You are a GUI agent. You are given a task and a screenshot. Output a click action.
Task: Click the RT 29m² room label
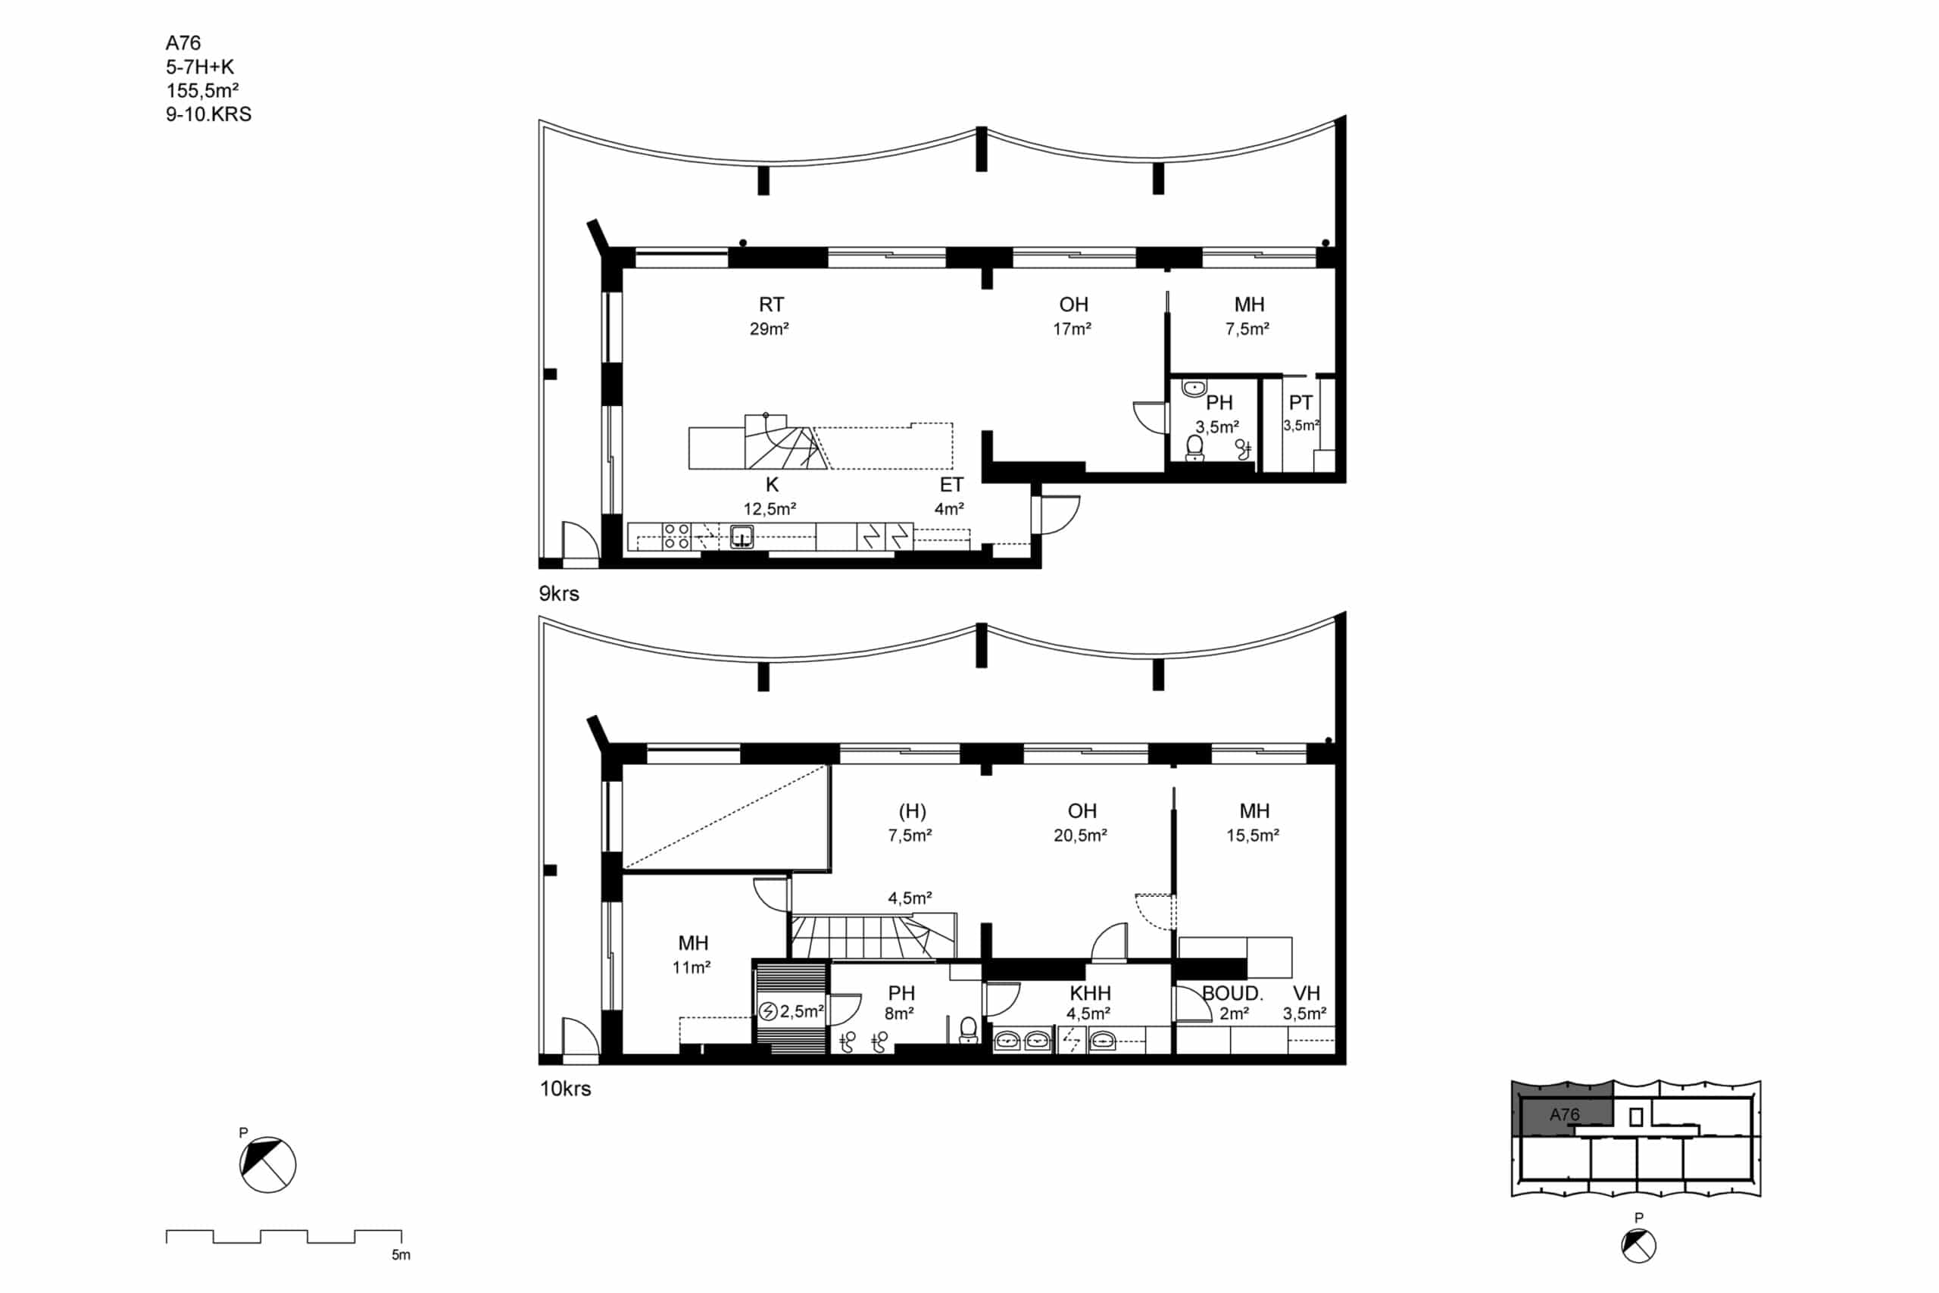(x=770, y=317)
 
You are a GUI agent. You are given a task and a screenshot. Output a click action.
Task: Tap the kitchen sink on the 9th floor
(x=742, y=536)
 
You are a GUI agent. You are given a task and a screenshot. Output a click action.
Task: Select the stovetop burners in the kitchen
(x=676, y=536)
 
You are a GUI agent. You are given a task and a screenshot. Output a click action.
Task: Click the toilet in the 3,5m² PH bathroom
(x=1194, y=448)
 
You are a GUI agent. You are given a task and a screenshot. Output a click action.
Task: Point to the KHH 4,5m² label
(x=1090, y=1002)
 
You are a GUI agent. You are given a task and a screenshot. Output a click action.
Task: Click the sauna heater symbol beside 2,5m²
(x=767, y=1011)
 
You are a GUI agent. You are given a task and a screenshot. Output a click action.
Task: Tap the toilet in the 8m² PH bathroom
(x=969, y=1030)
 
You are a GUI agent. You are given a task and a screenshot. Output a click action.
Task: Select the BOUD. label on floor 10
(x=1232, y=993)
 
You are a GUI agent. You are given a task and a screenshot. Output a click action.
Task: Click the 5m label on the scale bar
(x=401, y=1255)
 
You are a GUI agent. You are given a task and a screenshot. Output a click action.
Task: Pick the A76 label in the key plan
(x=1564, y=1115)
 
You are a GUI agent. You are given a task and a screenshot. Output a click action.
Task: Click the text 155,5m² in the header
(x=202, y=91)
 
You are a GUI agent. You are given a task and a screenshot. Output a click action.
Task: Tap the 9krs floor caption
(x=559, y=594)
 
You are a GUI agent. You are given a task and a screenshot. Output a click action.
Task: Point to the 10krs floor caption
(x=566, y=1088)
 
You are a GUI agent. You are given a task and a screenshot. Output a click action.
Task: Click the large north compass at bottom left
(x=268, y=1164)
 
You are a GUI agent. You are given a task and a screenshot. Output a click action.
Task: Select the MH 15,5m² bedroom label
(x=1253, y=823)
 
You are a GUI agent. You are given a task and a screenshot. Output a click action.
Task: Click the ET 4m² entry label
(x=951, y=496)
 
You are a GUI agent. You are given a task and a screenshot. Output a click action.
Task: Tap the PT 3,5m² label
(x=1301, y=413)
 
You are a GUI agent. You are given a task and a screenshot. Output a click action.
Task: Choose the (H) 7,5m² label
(x=910, y=823)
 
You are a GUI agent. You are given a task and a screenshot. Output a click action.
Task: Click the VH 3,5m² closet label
(x=1305, y=1003)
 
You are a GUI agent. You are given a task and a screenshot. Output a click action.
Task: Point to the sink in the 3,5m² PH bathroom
(x=1194, y=388)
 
